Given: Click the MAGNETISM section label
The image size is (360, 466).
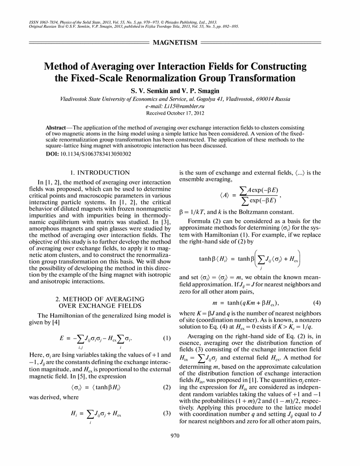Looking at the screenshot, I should click(x=175, y=43).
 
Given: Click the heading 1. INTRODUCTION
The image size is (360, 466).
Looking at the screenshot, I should click(x=100, y=172).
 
